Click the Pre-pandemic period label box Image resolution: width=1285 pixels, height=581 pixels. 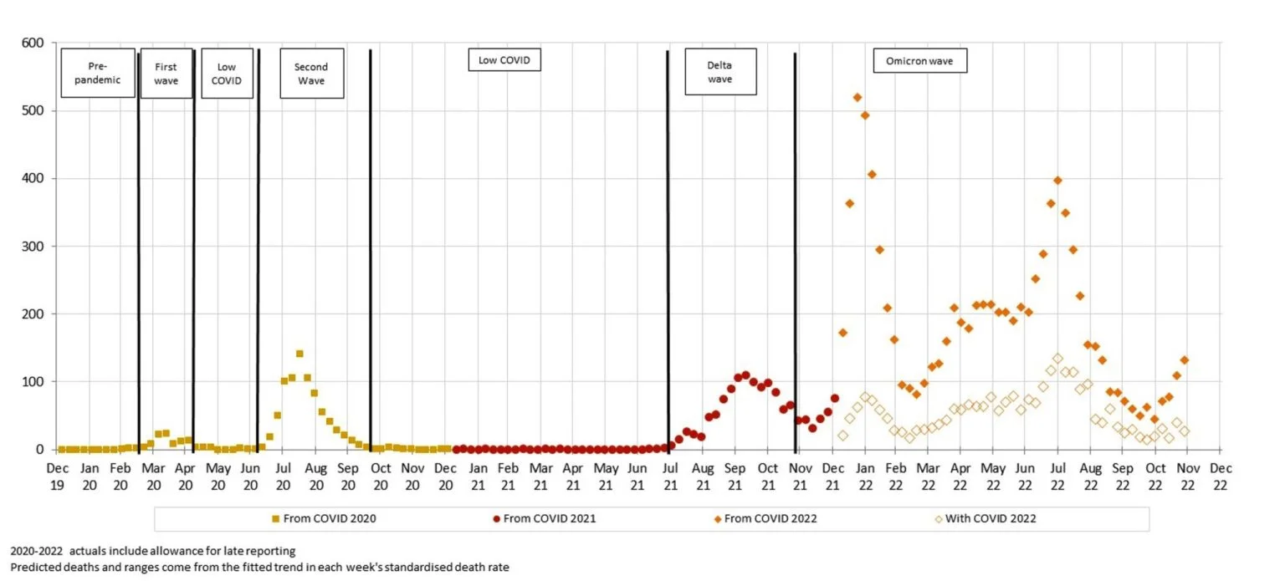(x=99, y=73)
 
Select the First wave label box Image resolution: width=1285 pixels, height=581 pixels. (x=166, y=73)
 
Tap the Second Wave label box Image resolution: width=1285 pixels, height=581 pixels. (x=310, y=74)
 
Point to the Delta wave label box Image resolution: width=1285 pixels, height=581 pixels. (x=719, y=73)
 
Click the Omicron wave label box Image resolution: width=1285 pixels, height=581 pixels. (x=919, y=61)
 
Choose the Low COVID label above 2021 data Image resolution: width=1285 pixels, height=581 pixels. (x=504, y=61)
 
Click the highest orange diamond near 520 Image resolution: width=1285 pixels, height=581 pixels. (x=858, y=98)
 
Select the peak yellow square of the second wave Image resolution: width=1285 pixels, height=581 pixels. (x=299, y=354)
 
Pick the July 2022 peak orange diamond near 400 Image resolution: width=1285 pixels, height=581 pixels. (x=1057, y=181)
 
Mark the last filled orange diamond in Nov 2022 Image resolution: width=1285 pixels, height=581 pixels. (x=1185, y=360)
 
